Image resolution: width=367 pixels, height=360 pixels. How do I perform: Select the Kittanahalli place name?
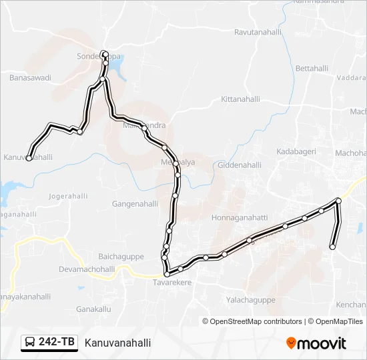pos(240,99)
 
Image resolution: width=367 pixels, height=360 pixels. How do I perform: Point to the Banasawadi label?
pos(30,78)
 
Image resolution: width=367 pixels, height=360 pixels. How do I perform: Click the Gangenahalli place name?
pos(135,204)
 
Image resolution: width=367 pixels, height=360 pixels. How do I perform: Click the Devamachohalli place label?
pos(87,269)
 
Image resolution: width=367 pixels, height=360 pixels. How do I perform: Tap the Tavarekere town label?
pos(163,283)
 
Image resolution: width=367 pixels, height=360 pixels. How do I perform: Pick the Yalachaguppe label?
pos(251,300)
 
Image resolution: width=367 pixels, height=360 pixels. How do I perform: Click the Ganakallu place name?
pos(93,309)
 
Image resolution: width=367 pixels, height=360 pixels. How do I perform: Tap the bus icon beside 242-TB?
pos(30,343)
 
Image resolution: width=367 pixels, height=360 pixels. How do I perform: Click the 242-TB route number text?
pos(57,343)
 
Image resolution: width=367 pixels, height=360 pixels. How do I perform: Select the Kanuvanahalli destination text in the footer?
pos(117,343)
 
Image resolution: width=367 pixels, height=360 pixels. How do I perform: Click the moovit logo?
pos(316,343)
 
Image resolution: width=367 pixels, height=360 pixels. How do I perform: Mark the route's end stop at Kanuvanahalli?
pos(29,158)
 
